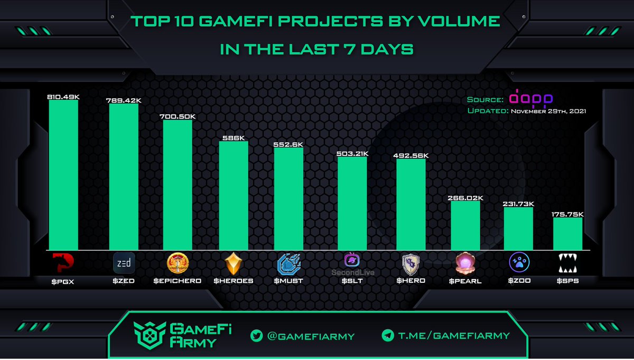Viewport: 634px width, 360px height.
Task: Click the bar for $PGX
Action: point(63,174)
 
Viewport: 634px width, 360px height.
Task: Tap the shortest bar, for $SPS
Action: point(568,233)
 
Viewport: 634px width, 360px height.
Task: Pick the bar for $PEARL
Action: point(465,225)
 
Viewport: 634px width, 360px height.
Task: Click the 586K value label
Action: point(233,137)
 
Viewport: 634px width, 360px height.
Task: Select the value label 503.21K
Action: point(352,154)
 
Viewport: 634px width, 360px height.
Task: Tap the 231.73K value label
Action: point(518,204)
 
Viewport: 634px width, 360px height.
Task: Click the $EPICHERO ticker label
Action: point(177,281)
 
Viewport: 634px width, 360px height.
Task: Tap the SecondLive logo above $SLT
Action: point(352,260)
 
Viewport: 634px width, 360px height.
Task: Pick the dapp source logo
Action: point(530,99)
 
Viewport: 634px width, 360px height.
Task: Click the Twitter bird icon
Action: point(257,335)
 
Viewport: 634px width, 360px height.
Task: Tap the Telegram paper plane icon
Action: point(388,335)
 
